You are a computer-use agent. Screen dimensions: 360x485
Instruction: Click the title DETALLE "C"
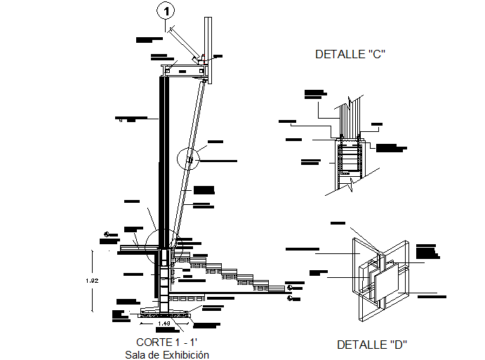point(351,54)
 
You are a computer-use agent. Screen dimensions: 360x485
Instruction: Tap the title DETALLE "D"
point(372,345)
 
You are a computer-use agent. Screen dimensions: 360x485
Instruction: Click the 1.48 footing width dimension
point(163,324)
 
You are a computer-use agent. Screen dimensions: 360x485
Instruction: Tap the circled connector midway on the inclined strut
point(189,161)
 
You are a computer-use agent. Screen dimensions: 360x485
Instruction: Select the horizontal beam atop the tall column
point(184,69)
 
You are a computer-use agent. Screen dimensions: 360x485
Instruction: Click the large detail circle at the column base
point(163,246)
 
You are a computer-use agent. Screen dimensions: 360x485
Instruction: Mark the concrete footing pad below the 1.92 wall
point(163,313)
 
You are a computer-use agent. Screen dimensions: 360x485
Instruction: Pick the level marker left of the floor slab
point(107,235)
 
